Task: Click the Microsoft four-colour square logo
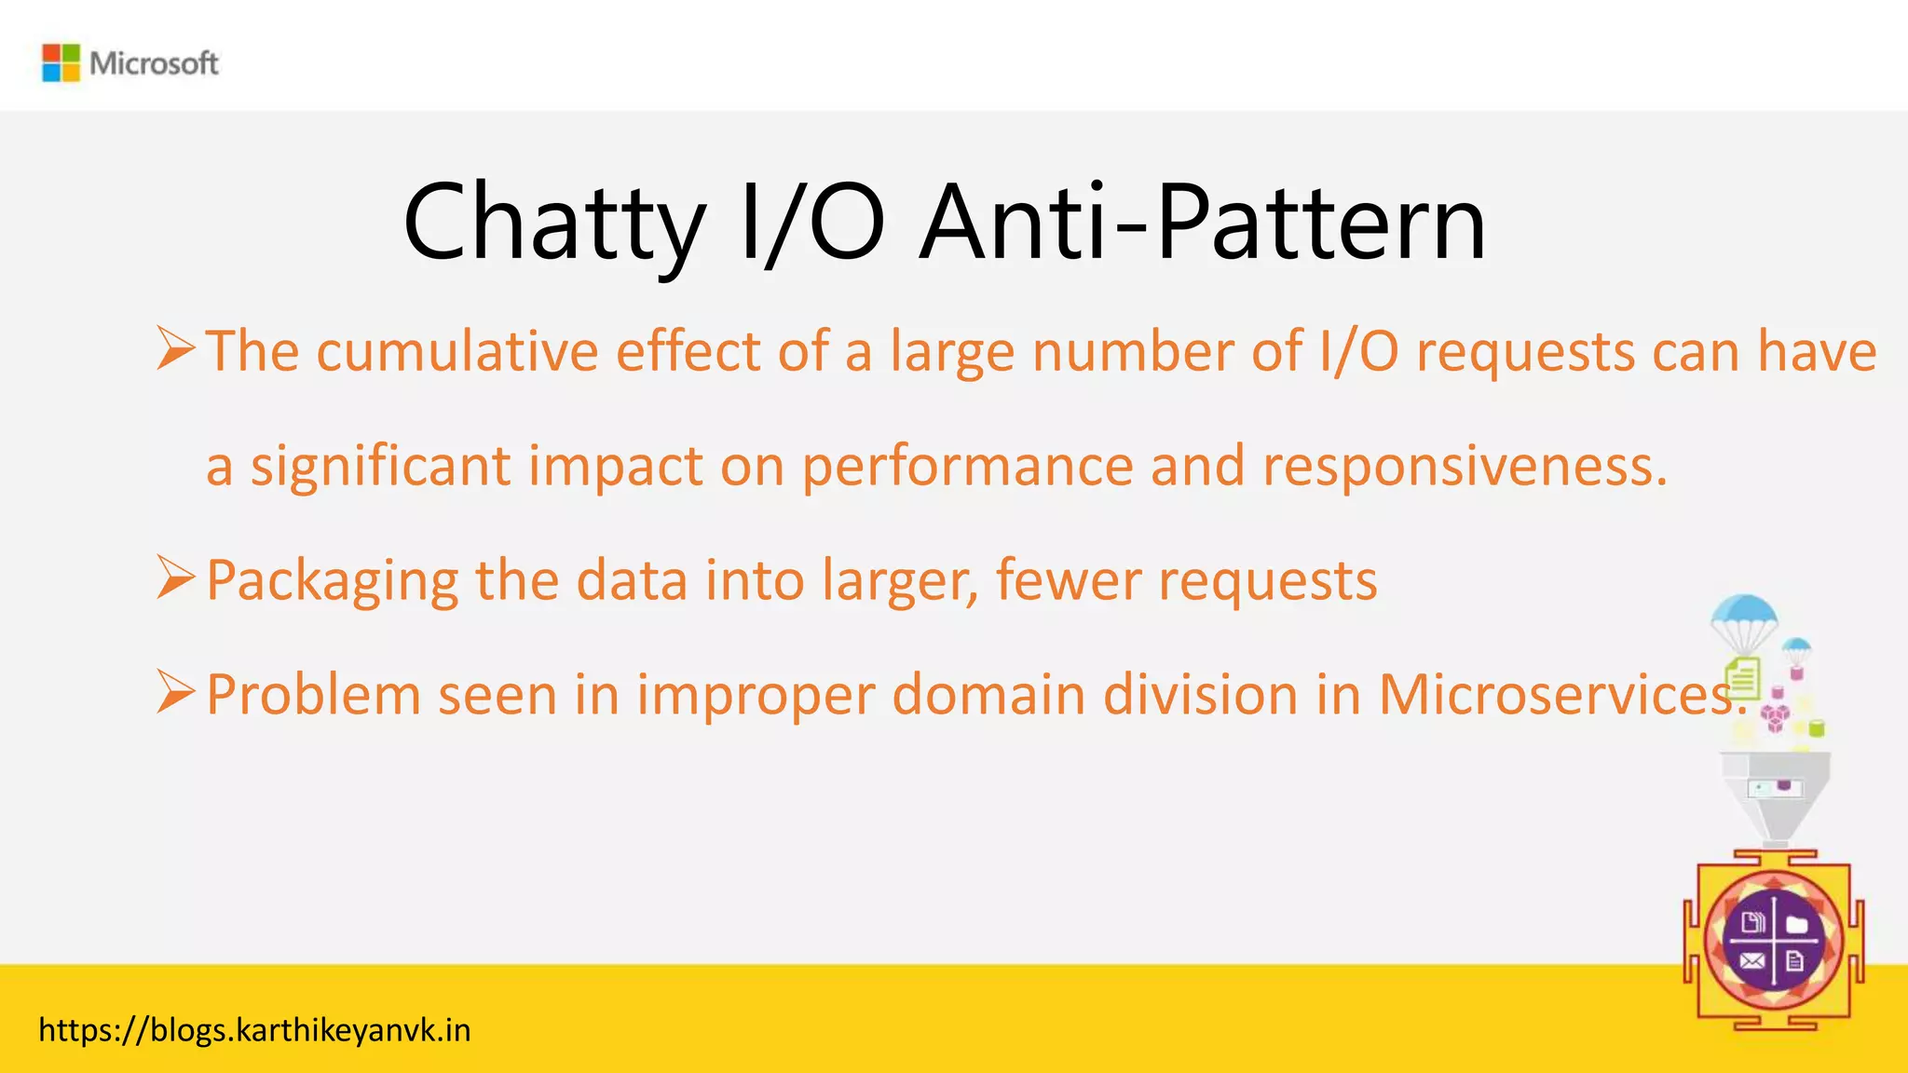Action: point(61,62)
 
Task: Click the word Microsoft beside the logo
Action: point(154,63)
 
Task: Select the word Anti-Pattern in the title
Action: point(1202,224)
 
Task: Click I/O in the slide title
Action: point(811,224)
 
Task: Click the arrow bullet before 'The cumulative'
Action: point(175,348)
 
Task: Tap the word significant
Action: point(380,467)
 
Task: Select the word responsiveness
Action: point(1463,467)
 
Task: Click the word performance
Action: point(967,467)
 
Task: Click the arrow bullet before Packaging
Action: point(175,577)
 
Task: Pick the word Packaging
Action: point(332,581)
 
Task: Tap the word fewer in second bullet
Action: point(1068,580)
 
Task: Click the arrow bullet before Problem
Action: point(175,692)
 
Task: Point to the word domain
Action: point(988,695)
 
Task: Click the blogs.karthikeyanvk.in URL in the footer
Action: point(254,1031)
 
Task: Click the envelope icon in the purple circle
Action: point(1751,961)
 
